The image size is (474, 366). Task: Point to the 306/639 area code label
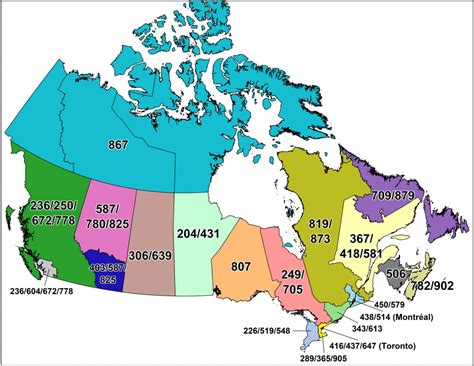tap(152, 255)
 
